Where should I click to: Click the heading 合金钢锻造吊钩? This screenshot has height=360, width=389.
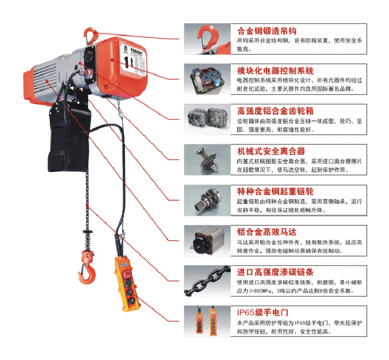267,31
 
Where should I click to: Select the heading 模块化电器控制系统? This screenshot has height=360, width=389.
275,71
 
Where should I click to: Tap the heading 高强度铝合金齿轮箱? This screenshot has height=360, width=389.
275,111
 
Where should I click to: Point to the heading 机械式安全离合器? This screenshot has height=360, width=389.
271,151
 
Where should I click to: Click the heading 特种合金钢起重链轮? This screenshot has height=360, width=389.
275,191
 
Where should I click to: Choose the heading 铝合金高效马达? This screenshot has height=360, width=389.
267,232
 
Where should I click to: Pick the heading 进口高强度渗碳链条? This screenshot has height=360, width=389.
275,272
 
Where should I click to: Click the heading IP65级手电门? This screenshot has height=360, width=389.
262,313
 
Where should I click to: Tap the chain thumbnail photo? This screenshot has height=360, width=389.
207,281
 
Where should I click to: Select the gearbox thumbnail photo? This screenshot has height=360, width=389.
207,120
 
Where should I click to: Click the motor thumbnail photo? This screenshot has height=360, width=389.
207,241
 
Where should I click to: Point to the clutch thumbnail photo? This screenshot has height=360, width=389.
207,160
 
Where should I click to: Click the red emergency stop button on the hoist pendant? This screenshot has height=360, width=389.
127,274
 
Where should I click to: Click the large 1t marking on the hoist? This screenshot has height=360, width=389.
129,62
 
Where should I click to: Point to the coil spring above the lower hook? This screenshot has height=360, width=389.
87,240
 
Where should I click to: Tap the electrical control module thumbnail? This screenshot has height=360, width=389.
207,79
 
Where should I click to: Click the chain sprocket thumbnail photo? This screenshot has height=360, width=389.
207,200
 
